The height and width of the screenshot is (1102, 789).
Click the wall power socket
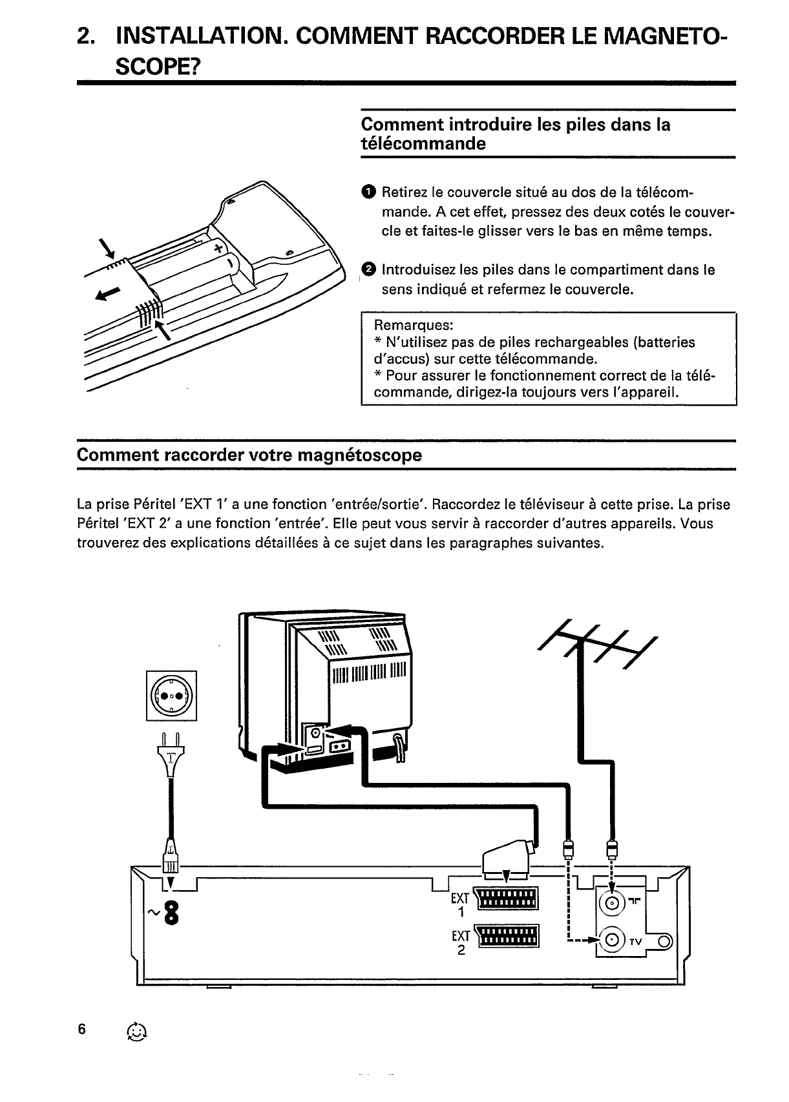coord(172,696)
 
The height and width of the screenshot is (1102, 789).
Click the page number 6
coord(81,1030)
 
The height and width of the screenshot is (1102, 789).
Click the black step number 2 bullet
coord(368,269)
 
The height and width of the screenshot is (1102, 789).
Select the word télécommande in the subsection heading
coord(423,143)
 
